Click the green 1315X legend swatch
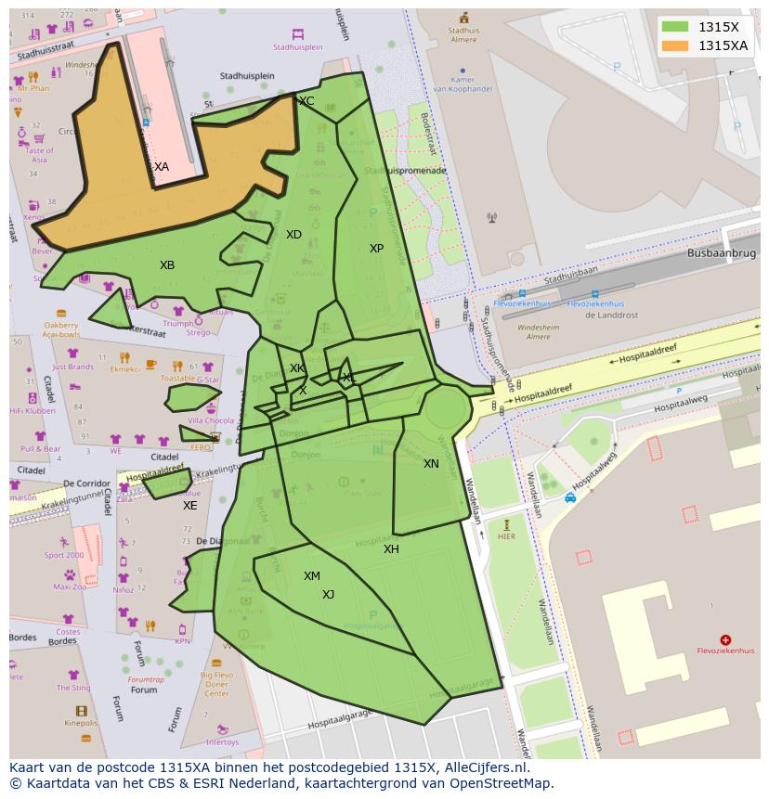(676, 27)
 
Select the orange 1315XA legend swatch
(676, 45)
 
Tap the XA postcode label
(162, 167)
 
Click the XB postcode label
(167, 265)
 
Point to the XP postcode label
(376, 249)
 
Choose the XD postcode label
(293, 235)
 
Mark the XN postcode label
(431, 464)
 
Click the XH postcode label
(391, 549)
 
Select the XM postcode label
(311, 576)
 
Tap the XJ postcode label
(328, 595)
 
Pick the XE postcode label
(189, 506)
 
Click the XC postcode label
(306, 101)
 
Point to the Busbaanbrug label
(723, 252)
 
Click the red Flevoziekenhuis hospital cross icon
(725, 639)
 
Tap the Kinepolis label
(81, 722)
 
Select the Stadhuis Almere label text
(463, 35)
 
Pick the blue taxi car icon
(570, 497)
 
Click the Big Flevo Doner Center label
(216, 684)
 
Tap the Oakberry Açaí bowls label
(61, 329)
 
